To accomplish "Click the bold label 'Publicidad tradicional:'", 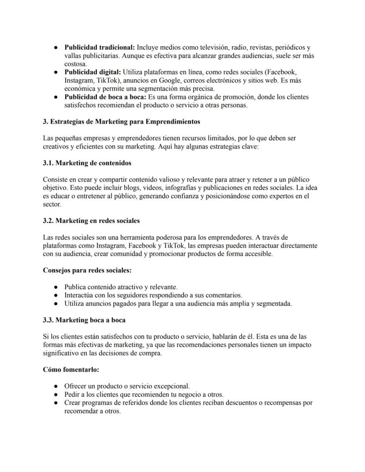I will (100, 47).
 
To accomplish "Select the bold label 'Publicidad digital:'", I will (93, 72).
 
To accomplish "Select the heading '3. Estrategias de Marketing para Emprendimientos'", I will (121, 122).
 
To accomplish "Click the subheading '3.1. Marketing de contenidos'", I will (87, 163).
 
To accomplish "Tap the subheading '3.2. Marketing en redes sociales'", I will (91, 220).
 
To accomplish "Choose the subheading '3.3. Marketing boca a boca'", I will (84, 320).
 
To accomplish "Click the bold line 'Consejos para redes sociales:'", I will (87, 270).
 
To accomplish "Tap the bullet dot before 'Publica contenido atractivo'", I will (56, 287).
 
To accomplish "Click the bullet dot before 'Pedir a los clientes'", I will (56, 394).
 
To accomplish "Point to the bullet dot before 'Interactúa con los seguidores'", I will (56, 295).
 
